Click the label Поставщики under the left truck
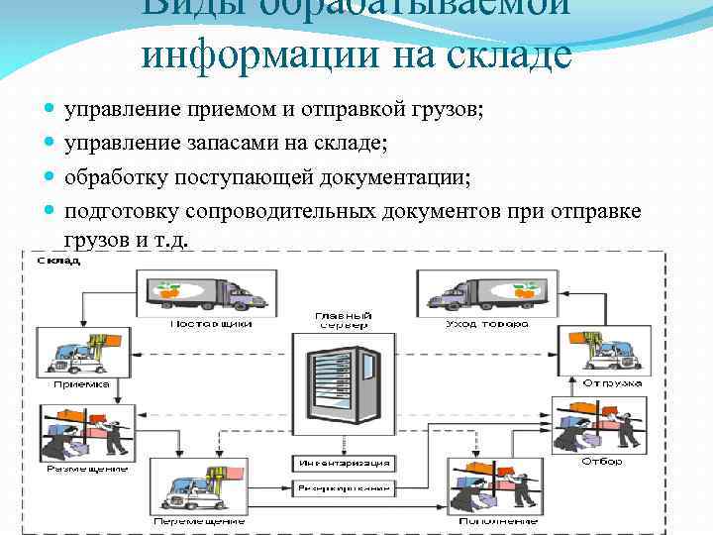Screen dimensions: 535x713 pyautogui.click(x=211, y=323)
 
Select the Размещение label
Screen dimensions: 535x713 pyautogui.click(x=87, y=468)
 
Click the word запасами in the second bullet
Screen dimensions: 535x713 pyautogui.click(x=226, y=145)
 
